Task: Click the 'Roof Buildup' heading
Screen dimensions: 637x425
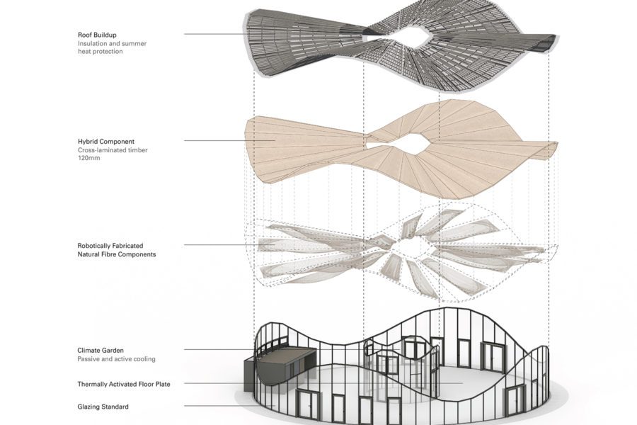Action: (x=97, y=35)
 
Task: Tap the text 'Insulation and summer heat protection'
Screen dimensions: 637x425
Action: (x=112, y=47)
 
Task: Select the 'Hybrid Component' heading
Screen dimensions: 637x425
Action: (x=106, y=142)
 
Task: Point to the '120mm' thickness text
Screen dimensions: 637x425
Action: (x=89, y=158)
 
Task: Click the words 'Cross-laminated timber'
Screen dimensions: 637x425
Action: (x=113, y=149)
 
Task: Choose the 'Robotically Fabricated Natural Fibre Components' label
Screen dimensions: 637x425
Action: (x=117, y=250)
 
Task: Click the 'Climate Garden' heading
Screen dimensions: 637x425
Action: (x=101, y=350)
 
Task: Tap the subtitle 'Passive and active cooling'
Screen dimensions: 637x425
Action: (x=116, y=358)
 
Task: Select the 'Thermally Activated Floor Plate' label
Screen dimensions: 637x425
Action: (x=124, y=384)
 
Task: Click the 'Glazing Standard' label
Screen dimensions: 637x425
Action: (x=103, y=407)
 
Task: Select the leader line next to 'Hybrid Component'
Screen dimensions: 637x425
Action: (x=230, y=141)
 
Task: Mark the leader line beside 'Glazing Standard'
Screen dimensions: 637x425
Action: (x=230, y=406)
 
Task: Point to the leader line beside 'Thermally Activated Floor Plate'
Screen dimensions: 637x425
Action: (x=323, y=383)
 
